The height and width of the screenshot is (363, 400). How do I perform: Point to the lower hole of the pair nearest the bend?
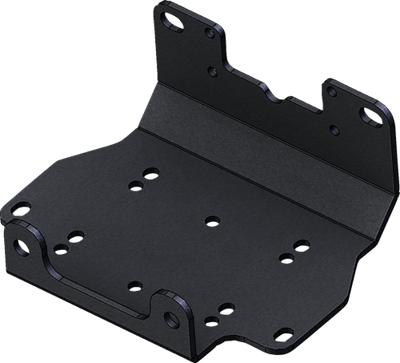click(135, 185)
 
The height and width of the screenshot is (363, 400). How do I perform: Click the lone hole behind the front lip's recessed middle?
click(133, 284)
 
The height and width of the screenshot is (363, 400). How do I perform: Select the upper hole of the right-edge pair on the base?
click(299, 244)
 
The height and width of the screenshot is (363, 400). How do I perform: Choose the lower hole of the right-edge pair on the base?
click(285, 258)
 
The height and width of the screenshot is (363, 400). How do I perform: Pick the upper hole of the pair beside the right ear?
click(225, 306)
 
